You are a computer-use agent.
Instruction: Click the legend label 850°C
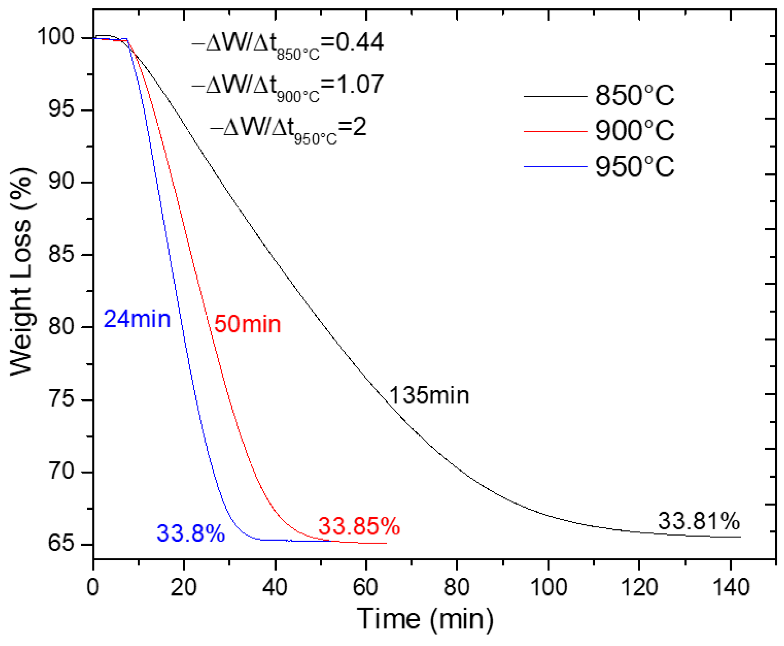click(634, 96)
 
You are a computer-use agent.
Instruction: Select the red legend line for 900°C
click(555, 132)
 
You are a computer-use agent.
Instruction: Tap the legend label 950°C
click(634, 166)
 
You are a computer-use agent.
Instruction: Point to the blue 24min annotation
click(137, 319)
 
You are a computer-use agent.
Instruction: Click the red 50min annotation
click(247, 324)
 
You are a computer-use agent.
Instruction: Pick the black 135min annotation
click(429, 395)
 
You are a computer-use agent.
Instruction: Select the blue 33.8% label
click(191, 533)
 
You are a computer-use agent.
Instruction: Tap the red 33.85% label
click(359, 526)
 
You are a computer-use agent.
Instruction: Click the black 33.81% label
click(699, 521)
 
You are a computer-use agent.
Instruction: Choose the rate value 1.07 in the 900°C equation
click(359, 84)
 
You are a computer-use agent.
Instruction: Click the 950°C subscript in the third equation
click(316, 139)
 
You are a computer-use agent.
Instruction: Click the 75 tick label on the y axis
click(61, 399)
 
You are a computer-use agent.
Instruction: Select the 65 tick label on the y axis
click(61, 544)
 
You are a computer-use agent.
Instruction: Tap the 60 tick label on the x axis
click(366, 588)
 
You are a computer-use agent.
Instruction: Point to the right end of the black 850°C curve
click(740, 537)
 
